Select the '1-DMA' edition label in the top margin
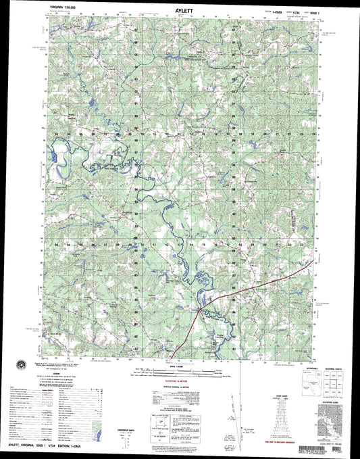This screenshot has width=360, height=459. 278,12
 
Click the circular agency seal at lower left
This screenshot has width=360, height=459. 20,364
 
